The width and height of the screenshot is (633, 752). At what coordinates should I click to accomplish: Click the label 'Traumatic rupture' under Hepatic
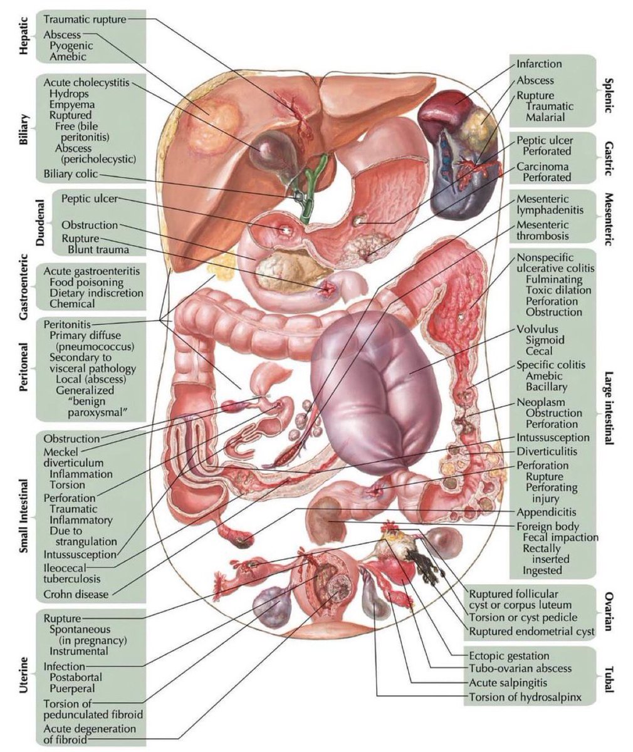pyautogui.click(x=84, y=19)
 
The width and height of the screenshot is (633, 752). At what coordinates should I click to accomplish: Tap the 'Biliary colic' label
pyautogui.click(x=71, y=174)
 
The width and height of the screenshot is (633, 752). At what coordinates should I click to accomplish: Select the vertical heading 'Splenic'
pyautogui.click(x=607, y=94)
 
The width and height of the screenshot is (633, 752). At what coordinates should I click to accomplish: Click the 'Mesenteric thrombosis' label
pyautogui.click(x=543, y=231)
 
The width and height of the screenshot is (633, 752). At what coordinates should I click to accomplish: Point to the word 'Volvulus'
pyautogui.click(x=537, y=329)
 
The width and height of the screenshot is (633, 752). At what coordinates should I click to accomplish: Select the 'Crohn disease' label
pyautogui.click(x=76, y=594)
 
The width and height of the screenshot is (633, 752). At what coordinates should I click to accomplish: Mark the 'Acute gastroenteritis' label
pyautogui.click(x=93, y=271)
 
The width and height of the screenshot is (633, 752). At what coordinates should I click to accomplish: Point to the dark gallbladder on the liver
pyautogui.click(x=270, y=153)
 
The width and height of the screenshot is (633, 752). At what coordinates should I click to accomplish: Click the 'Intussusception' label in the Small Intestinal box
pyautogui.click(x=80, y=555)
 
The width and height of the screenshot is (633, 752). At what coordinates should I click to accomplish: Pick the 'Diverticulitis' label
pyautogui.click(x=547, y=451)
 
